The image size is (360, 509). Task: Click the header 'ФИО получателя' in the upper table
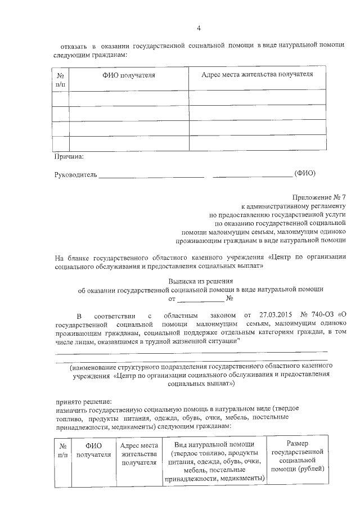pyautogui.click(x=128, y=75)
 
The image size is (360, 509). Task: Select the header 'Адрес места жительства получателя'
pyautogui.click(x=256, y=74)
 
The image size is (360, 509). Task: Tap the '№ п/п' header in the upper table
pyautogui.click(x=61, y=79)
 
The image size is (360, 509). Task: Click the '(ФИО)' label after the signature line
pyautogui.click(x=305, y=173)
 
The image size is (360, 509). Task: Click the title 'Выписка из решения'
pyautogui.click(x=200, y=280)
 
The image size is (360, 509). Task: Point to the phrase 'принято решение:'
pyautogui.click(x=83, y=402)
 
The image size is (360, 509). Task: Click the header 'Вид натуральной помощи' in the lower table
pyautogui.click(x=214, y=444)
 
